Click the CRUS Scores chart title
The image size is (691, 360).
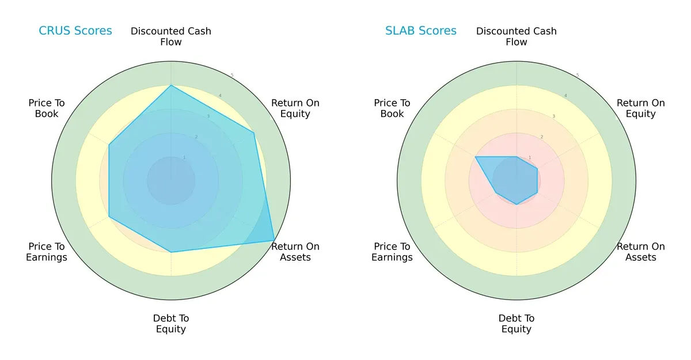(75, 31)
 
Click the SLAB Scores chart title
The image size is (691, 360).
(420, 31)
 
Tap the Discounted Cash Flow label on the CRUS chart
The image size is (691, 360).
(171, 36)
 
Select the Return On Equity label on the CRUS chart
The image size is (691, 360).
(295, 108)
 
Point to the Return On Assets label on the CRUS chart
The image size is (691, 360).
(295, 252)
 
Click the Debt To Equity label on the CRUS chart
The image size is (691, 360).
(171, 324)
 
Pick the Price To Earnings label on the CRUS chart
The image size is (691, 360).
(47, 252)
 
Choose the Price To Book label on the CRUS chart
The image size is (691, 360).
(47, 108)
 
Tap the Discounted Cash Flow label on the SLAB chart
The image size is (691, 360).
(517, 36)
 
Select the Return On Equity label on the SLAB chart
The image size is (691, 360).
(640, 108)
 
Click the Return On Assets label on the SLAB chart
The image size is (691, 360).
(640, 252)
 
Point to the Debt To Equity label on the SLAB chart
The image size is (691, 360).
(517, 324)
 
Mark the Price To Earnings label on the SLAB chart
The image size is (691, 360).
(392, 252)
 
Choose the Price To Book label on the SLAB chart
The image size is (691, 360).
(392, 108)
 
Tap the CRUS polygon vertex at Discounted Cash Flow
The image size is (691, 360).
(171, 86)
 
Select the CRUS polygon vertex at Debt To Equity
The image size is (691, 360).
(171, 252)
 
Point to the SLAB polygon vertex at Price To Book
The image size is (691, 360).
(476, 157)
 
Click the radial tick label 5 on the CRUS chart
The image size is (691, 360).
(232, 75)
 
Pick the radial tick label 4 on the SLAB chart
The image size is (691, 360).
(565, 96)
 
